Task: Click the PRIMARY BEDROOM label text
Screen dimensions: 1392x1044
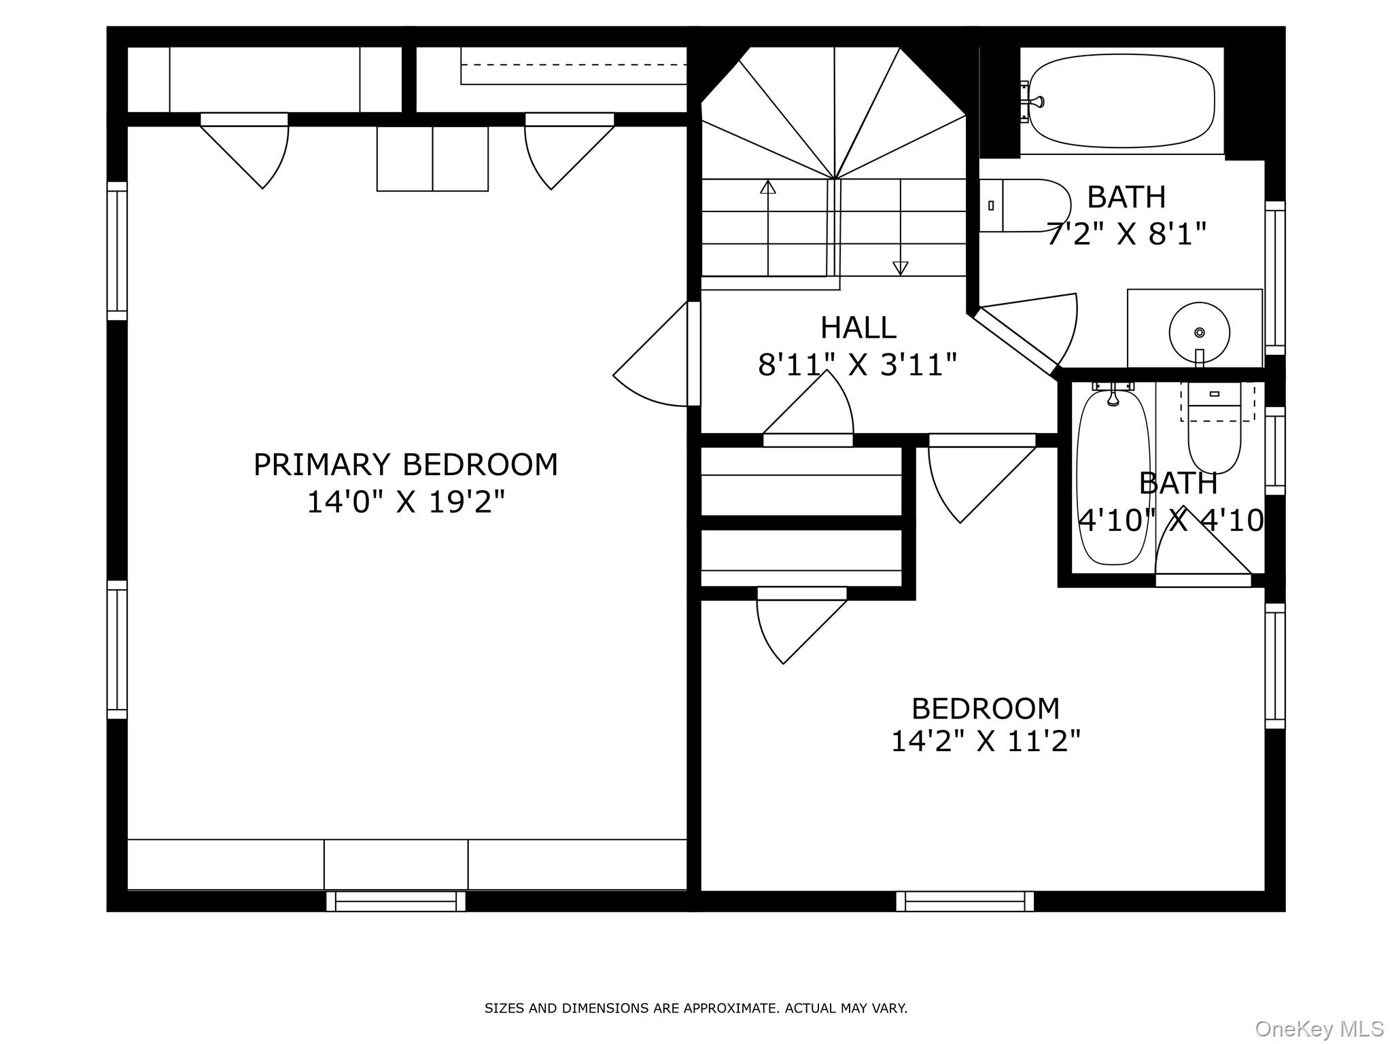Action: pos(406,466)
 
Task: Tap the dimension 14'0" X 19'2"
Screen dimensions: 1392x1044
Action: pos(406,503)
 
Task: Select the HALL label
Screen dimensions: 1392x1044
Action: pos(858,328)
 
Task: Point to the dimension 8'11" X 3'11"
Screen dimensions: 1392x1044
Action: pos(858,365)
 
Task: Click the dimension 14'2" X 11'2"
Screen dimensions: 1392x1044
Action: pos(986,741)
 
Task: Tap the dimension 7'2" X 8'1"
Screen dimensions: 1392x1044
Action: pos(1126,234)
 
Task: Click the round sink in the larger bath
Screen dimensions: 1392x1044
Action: pos(1199,332)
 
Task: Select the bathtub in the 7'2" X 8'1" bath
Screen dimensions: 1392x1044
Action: pos(1121,101)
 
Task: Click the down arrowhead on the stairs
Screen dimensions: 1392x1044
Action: pos(901,268)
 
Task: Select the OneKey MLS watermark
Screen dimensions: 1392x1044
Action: pos(1319,1028)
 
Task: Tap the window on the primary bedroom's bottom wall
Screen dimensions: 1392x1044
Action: pos(396,901)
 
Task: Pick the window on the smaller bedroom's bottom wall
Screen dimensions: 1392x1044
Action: pos(965,901)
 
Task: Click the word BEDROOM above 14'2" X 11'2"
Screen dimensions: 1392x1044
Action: pos(986,709)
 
